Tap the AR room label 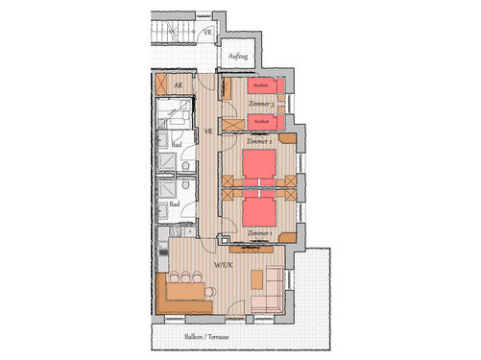178,85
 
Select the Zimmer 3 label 262,104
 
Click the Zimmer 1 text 259,233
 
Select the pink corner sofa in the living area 268,294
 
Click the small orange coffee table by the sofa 255,278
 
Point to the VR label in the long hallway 207,132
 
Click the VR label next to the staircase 208,32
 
